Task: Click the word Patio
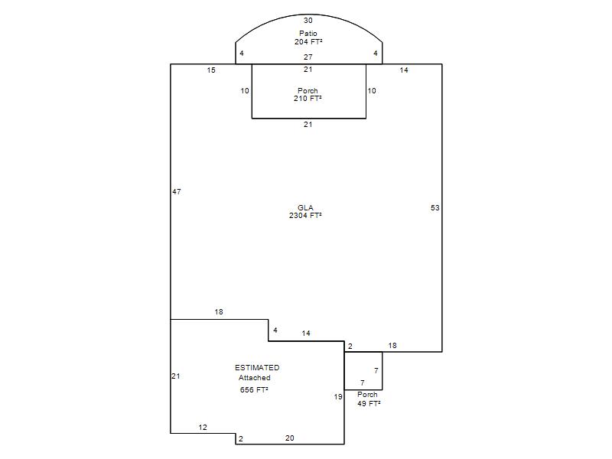308,33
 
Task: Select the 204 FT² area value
308,41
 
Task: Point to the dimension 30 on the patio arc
308,21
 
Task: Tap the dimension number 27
308,57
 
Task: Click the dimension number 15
211,70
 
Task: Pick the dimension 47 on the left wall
177,192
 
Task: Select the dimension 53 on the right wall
435,208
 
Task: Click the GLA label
305,207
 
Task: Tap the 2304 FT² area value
305,216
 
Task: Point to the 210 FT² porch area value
308,99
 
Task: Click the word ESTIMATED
257,368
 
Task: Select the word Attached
255,378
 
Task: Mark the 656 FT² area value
254,390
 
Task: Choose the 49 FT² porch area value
369,404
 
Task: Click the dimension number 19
338,397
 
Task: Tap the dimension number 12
203,428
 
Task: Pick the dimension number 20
290,438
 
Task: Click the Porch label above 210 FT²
308,90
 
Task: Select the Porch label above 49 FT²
367,395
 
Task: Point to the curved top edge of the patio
309,15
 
